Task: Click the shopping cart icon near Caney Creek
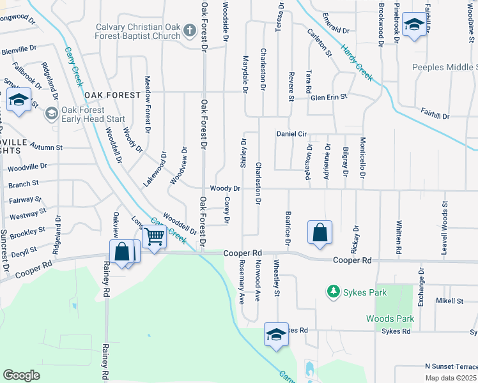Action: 155,237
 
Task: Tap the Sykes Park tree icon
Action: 332,292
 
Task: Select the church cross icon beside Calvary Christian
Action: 190,31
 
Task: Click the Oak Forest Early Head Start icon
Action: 52,114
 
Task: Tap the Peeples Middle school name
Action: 445,67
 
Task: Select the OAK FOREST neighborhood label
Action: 112,95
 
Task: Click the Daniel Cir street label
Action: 292,134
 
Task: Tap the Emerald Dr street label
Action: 336,30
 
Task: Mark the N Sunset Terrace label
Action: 451,366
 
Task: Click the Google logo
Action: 21,375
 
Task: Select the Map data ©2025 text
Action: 451,378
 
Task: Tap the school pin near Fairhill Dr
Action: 414,26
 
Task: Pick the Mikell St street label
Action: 449,301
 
